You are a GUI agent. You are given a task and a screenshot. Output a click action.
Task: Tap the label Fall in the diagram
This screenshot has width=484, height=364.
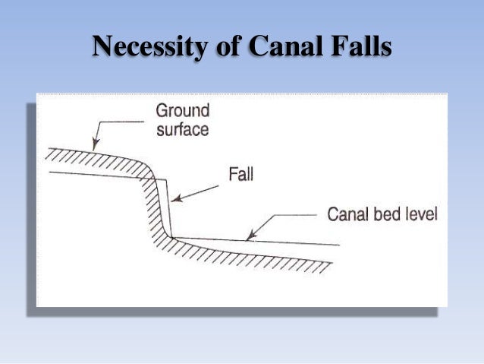(240, 174)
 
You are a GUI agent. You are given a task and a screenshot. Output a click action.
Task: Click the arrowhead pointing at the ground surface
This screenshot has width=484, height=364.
(95, 144)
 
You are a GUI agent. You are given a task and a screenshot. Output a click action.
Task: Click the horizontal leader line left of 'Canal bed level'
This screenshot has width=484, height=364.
(296, 216)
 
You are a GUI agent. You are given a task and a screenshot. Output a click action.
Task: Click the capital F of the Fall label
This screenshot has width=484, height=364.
(232, 174)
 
